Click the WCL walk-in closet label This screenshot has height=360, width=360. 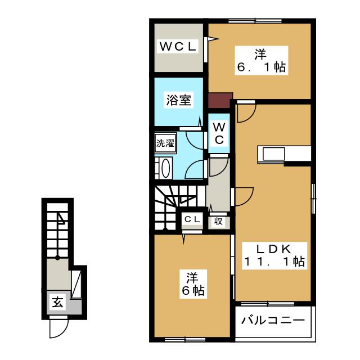(x=178, y=47)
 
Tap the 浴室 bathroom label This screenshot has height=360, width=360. (x=179, y=100)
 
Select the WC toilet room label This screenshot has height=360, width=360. (x=219, y=133)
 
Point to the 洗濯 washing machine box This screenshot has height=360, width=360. (x=165, y=143)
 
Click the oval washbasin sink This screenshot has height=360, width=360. (x=166, y=168)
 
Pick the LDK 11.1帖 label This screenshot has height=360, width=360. (x=274, y=255)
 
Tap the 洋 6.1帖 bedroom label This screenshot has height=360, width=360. (x=261, y=61)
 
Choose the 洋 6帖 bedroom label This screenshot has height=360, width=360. (x=193, y=284)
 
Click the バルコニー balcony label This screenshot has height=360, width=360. (x=273, y=320)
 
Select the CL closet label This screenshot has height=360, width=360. (x=192, y=220)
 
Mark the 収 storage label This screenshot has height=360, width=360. (x=218, y=222)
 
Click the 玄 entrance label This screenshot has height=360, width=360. (x=57, y=301)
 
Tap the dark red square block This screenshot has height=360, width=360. (x=220, y=100)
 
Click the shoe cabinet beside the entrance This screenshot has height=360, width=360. (x=76, y=285)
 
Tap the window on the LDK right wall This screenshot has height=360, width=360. (x=313, y=199)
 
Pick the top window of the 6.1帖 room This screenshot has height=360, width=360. (x=255, y=21)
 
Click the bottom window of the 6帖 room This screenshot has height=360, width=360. (x=185, y=340)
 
